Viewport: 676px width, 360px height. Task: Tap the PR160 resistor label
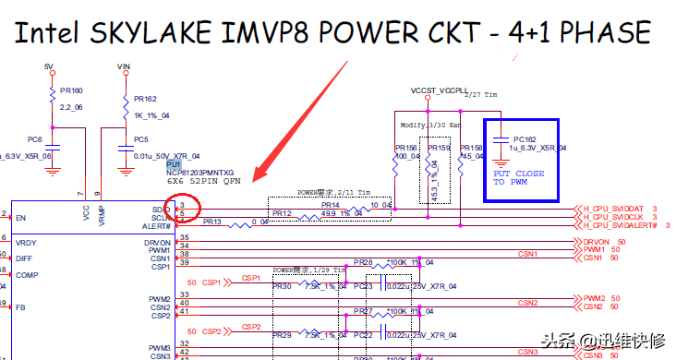[x=71, y=91]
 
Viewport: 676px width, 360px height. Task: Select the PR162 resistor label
[x=145, y=98]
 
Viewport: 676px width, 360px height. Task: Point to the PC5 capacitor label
[x=140, y=139]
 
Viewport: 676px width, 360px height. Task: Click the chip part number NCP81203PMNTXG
[x=200, y=173]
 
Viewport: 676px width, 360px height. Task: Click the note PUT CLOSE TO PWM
[x=518, y=177]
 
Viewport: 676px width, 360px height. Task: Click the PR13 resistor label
[x=212, y=222]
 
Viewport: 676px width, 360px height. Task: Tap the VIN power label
[x=124, y=67]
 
